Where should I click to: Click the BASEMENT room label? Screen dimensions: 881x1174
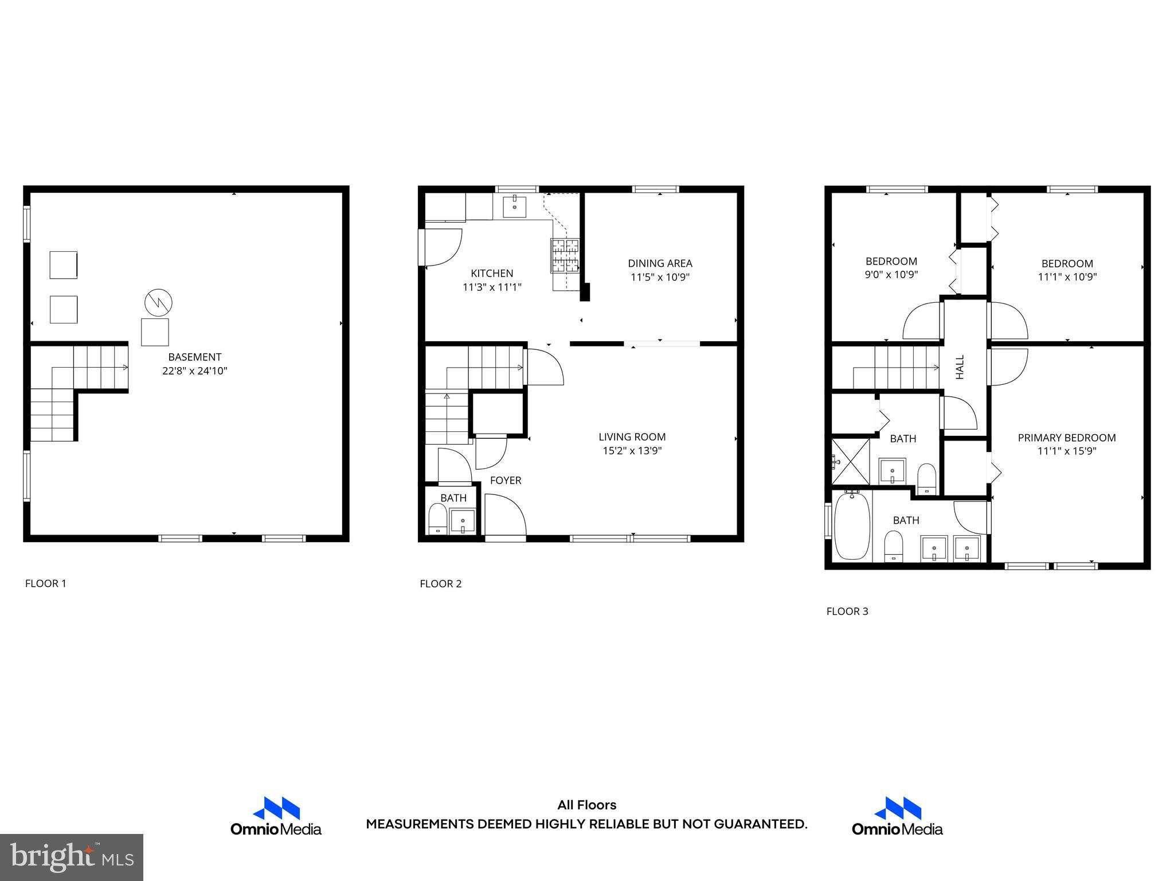pyautogui.click(x=194, y=357)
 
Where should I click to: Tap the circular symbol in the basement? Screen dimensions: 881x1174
pyautogui.click(x=158, y=303)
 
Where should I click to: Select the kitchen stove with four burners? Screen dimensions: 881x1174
pyautogui.click(x=565, y=255)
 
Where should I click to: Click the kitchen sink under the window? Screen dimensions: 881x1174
pyautogui.click(x=515, y=206)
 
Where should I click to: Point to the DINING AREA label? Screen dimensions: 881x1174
pyautogui.click(x=660, y=263)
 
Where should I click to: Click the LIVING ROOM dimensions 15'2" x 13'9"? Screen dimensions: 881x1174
pyautogui.click(x=632, y=451)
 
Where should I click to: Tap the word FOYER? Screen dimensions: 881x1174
pyautogui.click(x=506, y=481)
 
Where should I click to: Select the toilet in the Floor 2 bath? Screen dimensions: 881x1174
pyautogui.click(x=438, y=519)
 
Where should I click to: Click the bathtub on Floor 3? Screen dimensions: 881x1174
pyautogui.click(x=851, y=526)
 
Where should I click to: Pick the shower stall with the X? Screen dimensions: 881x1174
pyautogui.click(x=850, y=461)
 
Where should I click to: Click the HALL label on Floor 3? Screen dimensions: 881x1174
pyautogui.click(x=960, y=367)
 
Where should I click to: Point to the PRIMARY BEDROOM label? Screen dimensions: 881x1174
pyautogui.click(x=1066, y=438)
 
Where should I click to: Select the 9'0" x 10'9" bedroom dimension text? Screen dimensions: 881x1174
pyautogui.click(x=891, y=275)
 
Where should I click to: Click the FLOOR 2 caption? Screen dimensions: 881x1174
pyautogui.click(x=440, y=584)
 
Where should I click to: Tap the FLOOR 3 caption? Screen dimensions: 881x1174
pyautogui.click(x=847, y=611)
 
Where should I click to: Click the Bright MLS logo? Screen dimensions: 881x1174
pyautogui.click(x=72, y=857)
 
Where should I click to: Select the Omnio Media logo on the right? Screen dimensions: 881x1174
pyautogui.click(x=897, y=816)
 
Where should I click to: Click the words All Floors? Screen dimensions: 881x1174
pyautogui.click(x=586, y=805)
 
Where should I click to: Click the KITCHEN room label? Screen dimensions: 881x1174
pyautogui.click(x=492, y=273)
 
